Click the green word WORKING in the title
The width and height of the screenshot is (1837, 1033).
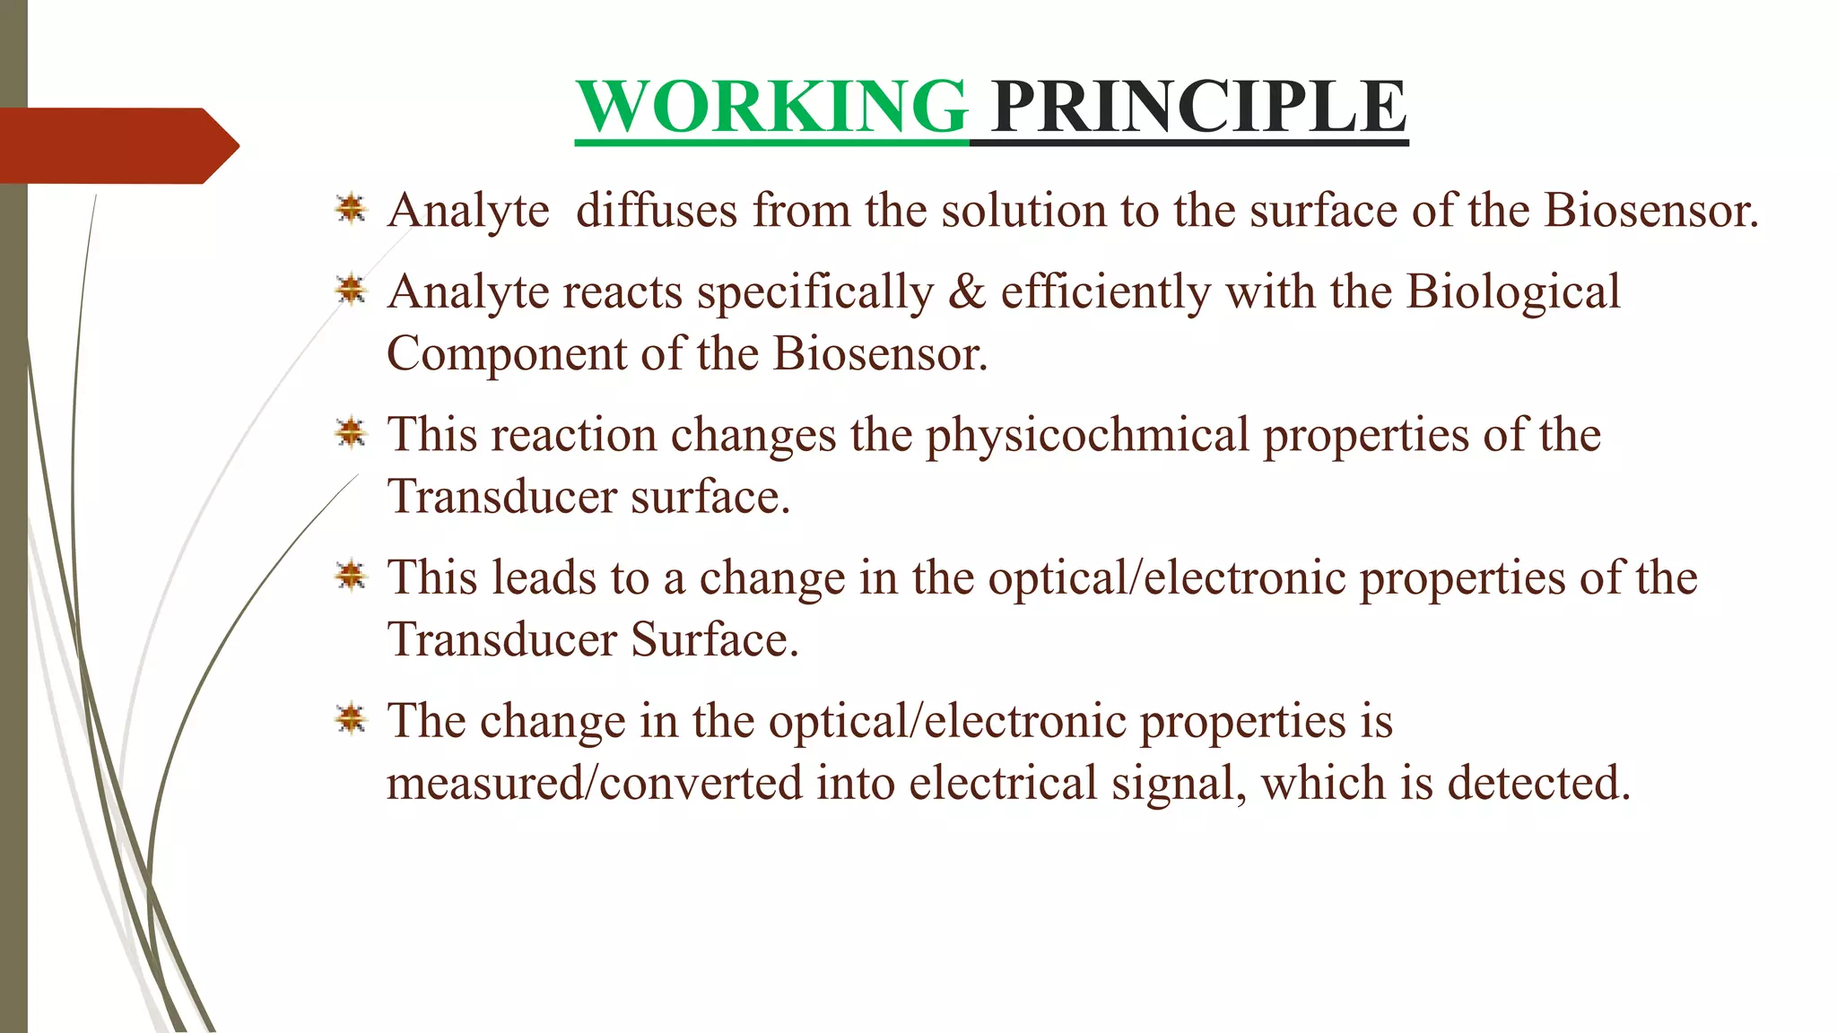771,107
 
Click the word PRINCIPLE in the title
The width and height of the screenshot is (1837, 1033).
1199,107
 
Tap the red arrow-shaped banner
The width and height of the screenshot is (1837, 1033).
117,145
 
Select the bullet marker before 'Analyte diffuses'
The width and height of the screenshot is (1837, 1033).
351,209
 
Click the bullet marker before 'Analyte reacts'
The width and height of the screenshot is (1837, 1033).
351,290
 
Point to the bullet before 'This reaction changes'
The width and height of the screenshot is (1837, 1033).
351,433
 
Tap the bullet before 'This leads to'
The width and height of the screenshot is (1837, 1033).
351,576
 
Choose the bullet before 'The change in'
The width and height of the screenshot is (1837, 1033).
351,719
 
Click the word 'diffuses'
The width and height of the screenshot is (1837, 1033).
657,211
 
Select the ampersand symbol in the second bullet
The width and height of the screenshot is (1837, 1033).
967,291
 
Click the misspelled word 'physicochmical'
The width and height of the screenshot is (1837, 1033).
1087,437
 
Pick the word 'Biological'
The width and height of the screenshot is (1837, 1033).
1513,293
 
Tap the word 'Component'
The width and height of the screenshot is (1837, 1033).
506,355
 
